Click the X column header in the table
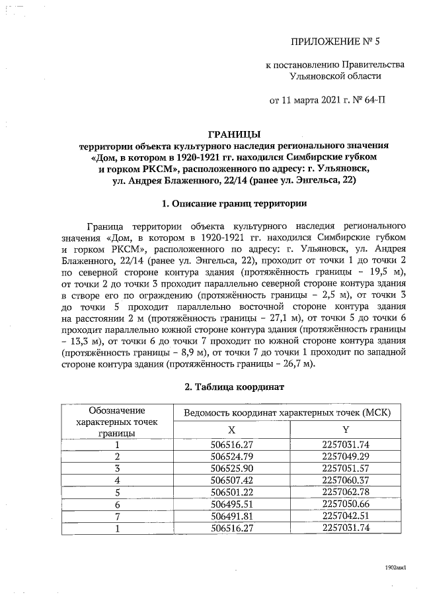pyautogui.click(x=231, y=429)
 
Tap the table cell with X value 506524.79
pyautogui.click(x=231, y=457)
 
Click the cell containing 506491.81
pyautogui.click(x=231, y=515)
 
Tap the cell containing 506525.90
pyautogui.click(x=231, y=468)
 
